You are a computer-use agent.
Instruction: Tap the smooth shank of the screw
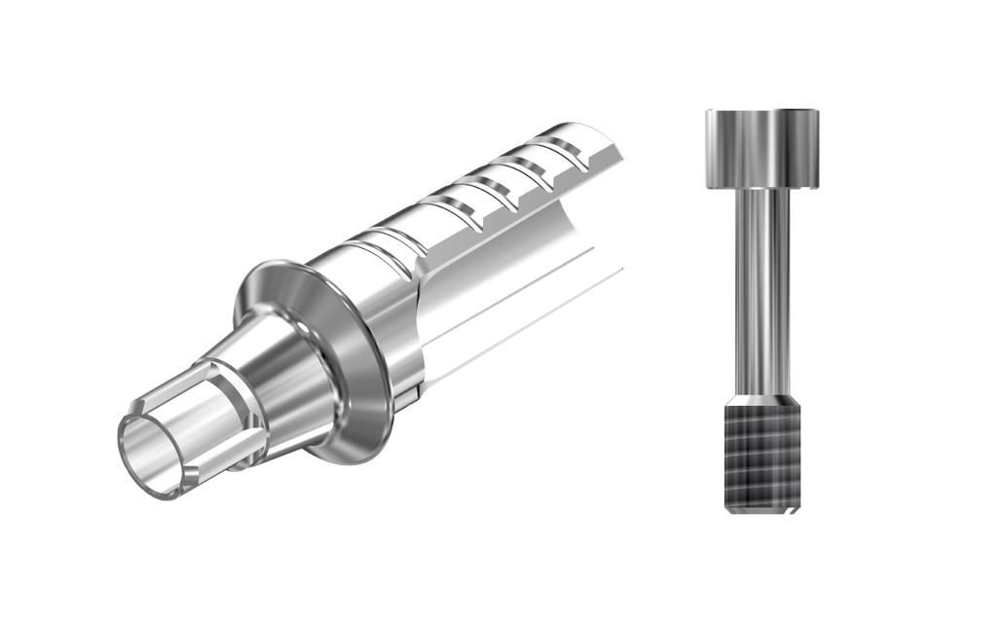(x=762, y=292)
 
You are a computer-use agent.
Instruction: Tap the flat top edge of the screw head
(x=762, y=110)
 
